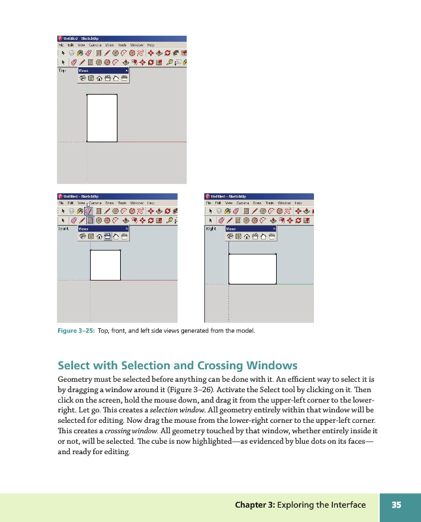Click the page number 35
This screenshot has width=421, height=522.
click(x=396, y=505)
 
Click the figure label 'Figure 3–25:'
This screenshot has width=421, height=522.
click(x=76, y=331)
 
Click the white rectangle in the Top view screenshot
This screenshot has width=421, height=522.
click(x=102, y=117)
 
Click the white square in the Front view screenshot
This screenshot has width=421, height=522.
click(x=105, y=264)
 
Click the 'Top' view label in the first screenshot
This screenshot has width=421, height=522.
click(x=63, y=70)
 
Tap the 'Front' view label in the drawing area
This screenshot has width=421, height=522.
click(x=64, y=229)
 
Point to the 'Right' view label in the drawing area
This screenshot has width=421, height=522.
click(x=211, y=229)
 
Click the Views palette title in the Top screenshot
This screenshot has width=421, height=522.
click(x=84, y=70)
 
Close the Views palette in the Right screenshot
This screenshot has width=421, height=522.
click(x=273, y=229)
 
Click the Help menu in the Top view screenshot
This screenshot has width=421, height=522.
click(x=151, y=45)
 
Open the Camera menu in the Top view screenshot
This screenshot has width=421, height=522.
click(x=96, y=45)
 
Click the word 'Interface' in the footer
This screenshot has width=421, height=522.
click(x=345, y=505)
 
